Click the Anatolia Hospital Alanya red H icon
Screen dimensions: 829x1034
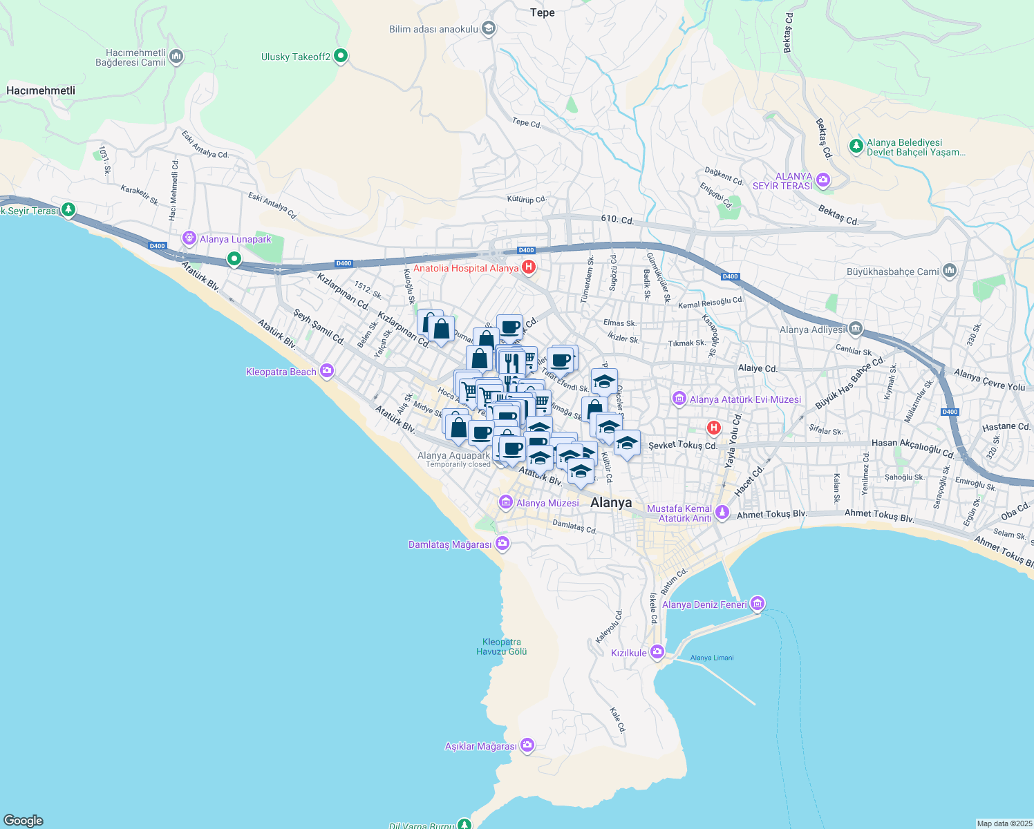click(x=529, y=267)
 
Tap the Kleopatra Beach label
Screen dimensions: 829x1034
click(x=281, y=372)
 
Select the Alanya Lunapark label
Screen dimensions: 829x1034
click(x=236, y=239)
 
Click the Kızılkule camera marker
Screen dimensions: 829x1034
click(x=657, y=651)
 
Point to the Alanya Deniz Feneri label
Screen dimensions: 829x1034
click(x=704, y=604)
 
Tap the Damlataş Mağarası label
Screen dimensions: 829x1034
click(x=450, y=544)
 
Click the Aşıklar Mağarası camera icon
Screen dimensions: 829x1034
click(x=527, y=745)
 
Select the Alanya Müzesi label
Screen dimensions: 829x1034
click(x=547, y=503)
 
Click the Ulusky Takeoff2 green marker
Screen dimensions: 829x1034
click(x=341, y=56)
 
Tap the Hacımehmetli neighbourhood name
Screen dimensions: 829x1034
click(x=41, y=90)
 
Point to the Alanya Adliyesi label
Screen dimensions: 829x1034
click(x=812, y=330)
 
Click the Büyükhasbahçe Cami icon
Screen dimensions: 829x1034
click(x=950, y=271)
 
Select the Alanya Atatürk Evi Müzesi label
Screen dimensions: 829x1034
click(x=745, y=399)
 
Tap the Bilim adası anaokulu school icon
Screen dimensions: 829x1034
click(x=489, y=28)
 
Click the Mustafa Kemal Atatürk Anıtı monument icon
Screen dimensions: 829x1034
click(x=722, y=512)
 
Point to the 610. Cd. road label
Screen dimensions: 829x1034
click(x=617, y=220)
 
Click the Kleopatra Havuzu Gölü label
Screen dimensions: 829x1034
click(x=502, y=647)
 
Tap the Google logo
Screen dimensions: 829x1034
click(x=23, y=820)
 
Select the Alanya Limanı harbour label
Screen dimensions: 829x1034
click(x=712, y=658)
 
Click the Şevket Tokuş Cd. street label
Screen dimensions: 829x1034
click(x=683, y=446)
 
